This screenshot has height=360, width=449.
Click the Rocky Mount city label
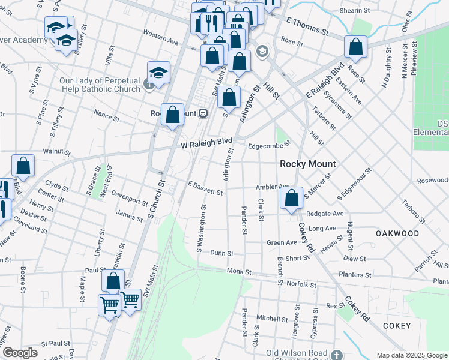(308, 164)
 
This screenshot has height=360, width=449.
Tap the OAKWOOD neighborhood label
(397, 233)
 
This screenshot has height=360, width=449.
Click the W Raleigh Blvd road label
(206, 144)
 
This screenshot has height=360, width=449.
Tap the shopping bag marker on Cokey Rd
(292, 198)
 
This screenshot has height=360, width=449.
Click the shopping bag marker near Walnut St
(23, 167)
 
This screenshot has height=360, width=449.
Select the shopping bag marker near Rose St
(356, 47)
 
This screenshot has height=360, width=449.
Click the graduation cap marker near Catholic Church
(158, 73)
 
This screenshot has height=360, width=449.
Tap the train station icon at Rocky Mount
(203, 112)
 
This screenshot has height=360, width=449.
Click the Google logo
(20, 353)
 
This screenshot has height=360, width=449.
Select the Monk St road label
(238, 271)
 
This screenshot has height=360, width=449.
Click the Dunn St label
(221, 253)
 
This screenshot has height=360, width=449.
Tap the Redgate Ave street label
(325, 214)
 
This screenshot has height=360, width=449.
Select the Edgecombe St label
(269, 144)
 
